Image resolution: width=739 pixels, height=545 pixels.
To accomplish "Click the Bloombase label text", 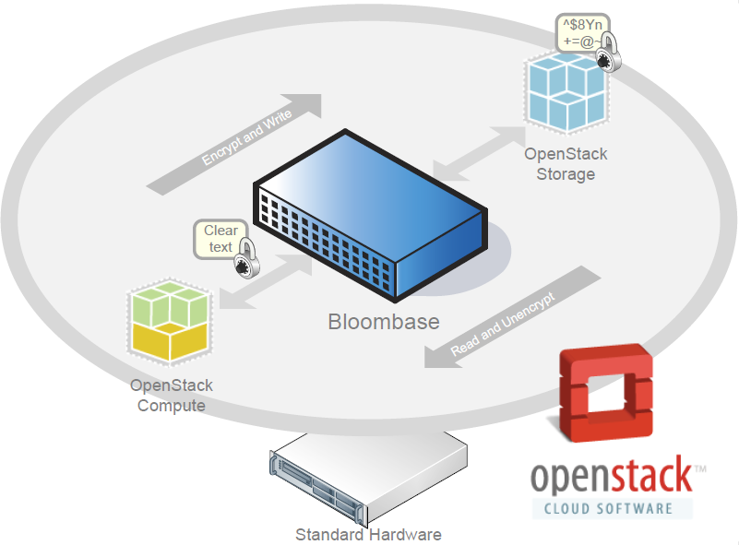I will [x=384, y=323].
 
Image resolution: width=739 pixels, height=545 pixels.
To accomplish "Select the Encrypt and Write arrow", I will [x=236, y=143].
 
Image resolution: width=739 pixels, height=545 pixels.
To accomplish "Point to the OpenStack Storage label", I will [x=566, y=164].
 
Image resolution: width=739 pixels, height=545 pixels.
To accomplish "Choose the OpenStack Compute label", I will [x=172, y=395].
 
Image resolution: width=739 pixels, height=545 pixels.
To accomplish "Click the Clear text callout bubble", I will [x=220, y=238].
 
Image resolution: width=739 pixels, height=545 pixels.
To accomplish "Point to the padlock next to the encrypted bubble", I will [x=607, y=57].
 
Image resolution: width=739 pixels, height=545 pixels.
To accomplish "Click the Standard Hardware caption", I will [x=368, y=534].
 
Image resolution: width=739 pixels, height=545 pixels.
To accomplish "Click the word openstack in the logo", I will [x=611, y=477].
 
